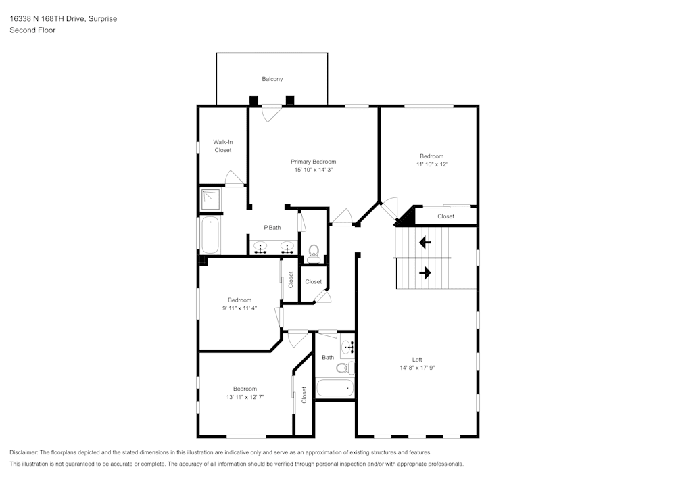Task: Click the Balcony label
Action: (272, 79)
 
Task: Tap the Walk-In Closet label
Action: (223, 146)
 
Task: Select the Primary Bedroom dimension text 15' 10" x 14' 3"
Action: (313, 170)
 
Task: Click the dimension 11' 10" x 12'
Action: (432, 164)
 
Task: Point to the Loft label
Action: (418, 359)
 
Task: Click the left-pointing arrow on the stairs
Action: (425, 241)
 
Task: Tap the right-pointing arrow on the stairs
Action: (425, 272)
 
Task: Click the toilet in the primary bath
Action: (313, 254)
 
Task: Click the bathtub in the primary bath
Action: (210, 235)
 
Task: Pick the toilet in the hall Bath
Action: (345, 368)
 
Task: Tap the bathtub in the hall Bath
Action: (335, 388)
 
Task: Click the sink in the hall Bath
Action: (347, 348)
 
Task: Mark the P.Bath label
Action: (272, 228)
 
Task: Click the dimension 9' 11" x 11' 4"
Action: (239, 308)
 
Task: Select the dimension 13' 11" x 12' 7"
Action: (245, 397)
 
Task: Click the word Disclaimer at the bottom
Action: (24, 452)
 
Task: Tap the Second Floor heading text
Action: (32, 30)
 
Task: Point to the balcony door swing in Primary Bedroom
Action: (270, 114)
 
